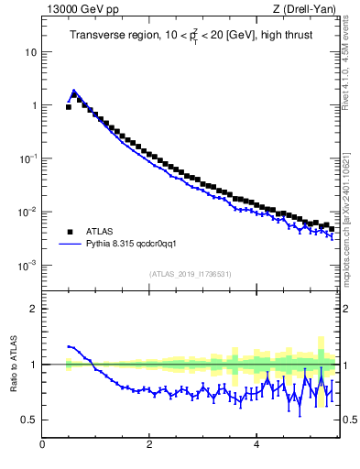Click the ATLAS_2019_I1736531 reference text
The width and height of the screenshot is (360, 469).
[190, 274]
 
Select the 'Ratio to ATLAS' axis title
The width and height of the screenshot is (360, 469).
[14, 364]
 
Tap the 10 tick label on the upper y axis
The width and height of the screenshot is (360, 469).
[30, 52]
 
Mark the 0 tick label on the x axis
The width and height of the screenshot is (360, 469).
[42, 446]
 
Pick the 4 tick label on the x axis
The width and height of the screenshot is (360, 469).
[256, 446]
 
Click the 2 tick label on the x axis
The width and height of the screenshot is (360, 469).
[149, 446]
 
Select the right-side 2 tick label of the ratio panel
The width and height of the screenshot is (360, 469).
[345, 309]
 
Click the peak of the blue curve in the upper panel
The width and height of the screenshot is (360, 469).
[73, 91]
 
